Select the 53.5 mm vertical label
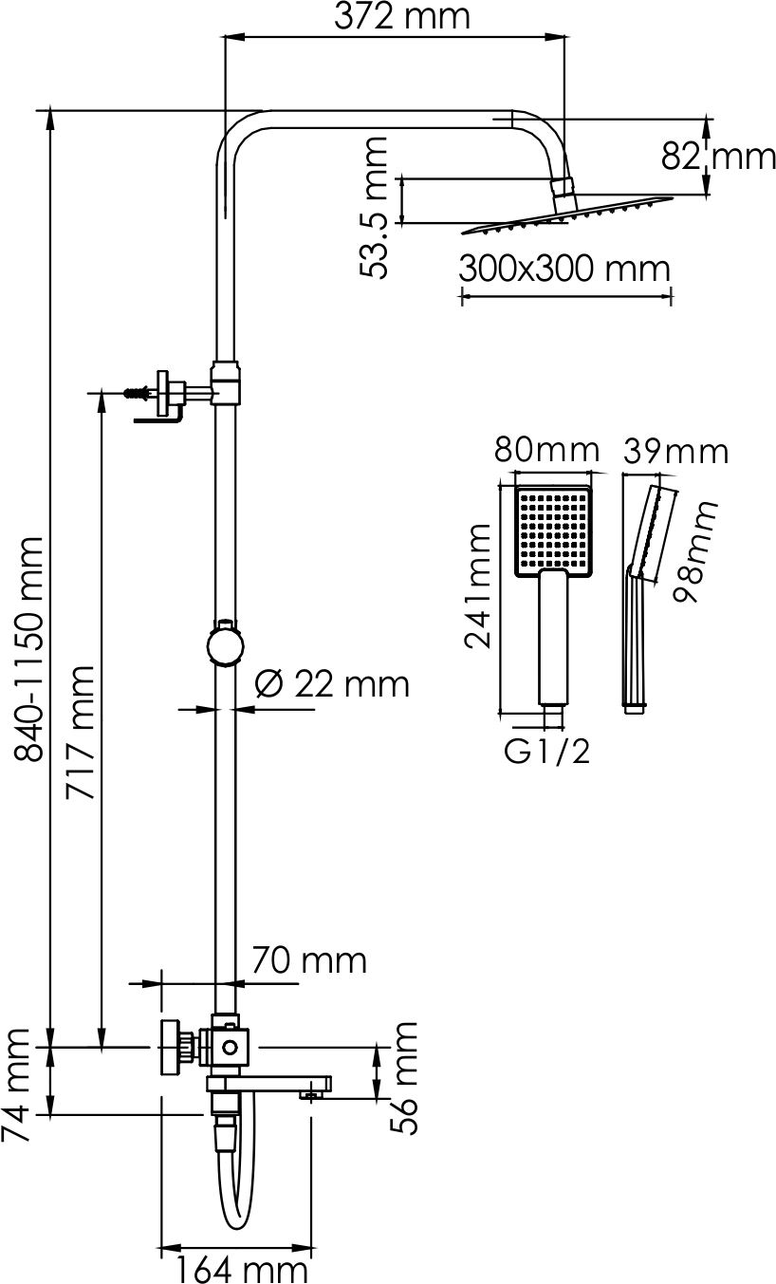376,208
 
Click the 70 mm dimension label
308,960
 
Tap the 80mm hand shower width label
546,449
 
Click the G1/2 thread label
547,753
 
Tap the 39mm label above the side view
674,451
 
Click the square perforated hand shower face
553,532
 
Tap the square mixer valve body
229,1048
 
